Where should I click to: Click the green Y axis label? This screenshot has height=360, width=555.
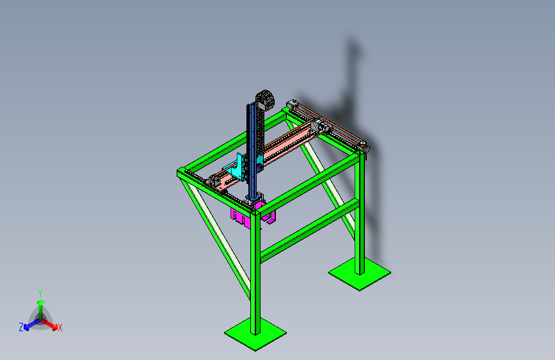(x=40, y=293)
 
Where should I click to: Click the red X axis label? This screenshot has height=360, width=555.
(x=60, y=328)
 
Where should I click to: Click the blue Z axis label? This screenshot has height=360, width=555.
(x=21, y=327)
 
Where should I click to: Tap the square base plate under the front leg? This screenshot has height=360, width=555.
(x=255, y=334)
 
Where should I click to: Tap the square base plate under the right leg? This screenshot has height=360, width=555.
(x=360, y=274)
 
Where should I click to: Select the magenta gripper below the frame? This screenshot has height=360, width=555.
(x=253, y=213)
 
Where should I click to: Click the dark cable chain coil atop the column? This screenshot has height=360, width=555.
(x=265, y=99)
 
